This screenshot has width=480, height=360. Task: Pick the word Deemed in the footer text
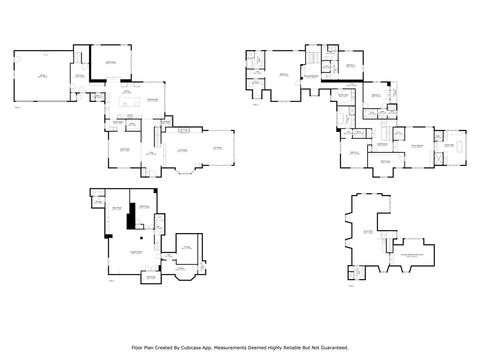267,347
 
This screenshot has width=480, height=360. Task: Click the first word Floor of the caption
137,347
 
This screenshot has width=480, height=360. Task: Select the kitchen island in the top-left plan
129,100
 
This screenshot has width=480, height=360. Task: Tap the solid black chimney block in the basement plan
130,218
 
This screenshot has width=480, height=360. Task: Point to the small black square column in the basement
142,238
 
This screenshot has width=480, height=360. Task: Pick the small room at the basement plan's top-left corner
100,203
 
